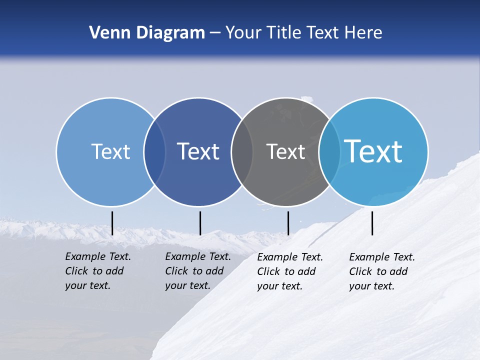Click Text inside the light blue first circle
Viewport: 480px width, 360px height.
110,151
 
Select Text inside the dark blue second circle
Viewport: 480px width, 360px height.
198,151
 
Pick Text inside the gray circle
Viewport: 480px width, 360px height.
285,151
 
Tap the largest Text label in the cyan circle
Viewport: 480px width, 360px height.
373,151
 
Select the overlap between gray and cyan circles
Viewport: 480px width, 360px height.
329,152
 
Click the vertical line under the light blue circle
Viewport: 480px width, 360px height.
112,223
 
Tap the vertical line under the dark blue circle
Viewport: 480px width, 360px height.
200,223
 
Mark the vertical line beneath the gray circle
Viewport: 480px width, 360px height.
288,223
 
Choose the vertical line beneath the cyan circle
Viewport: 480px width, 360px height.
372,223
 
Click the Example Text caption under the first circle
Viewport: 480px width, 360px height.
98,271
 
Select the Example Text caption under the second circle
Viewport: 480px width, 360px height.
198,271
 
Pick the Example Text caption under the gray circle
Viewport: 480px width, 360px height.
290,271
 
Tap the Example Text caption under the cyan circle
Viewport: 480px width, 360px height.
382,271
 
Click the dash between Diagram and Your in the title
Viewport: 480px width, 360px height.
215,33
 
